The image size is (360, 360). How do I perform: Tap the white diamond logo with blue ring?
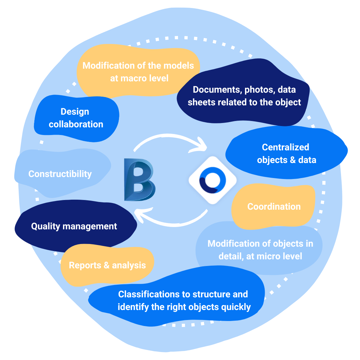[x=212, y=180]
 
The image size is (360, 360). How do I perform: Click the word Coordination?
[x=274, y=206]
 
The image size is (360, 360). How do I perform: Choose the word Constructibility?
[x=60, y=174]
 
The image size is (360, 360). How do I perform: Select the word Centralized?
[x=286, y=147]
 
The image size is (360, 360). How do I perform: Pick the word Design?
[x=75, y=112]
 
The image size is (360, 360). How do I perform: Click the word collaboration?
[x=76, y=124]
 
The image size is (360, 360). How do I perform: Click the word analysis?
[x=129, y=265]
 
